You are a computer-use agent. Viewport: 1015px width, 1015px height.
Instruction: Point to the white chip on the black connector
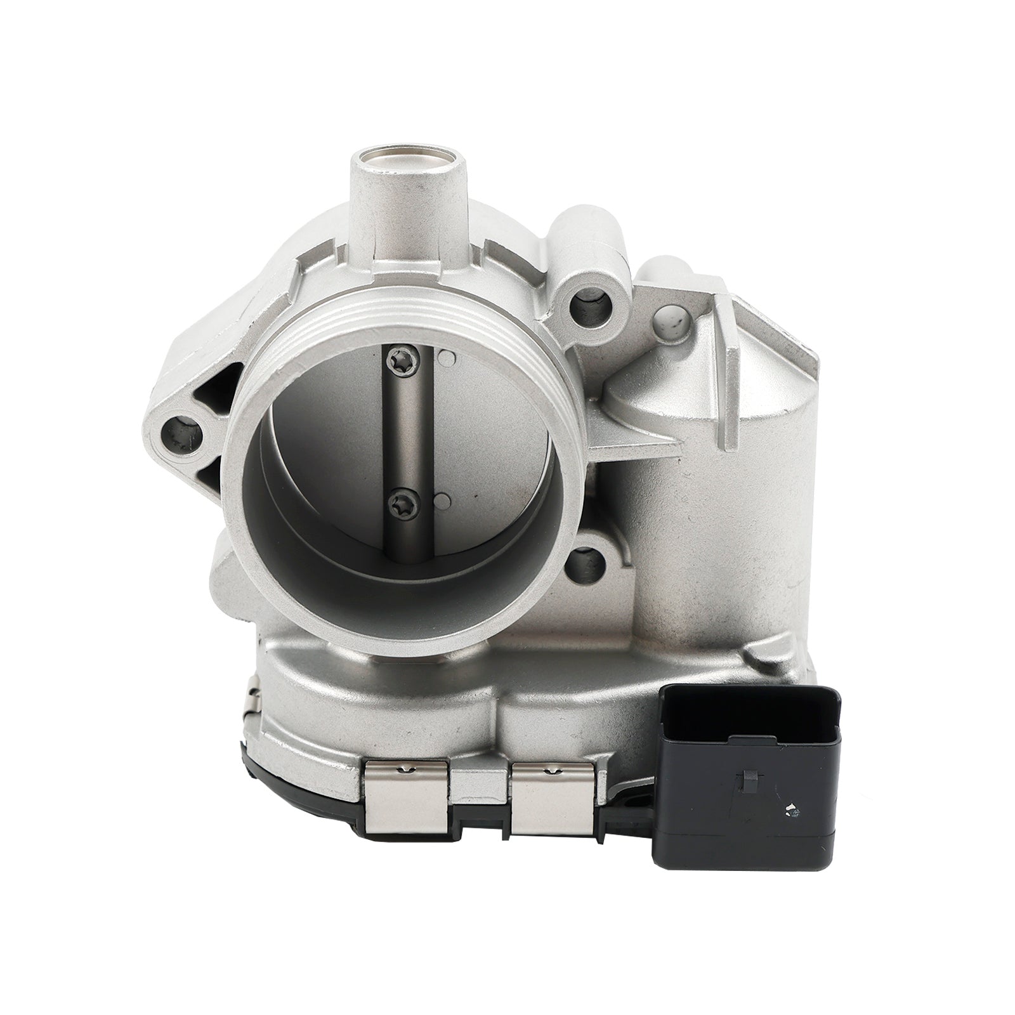790,809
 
